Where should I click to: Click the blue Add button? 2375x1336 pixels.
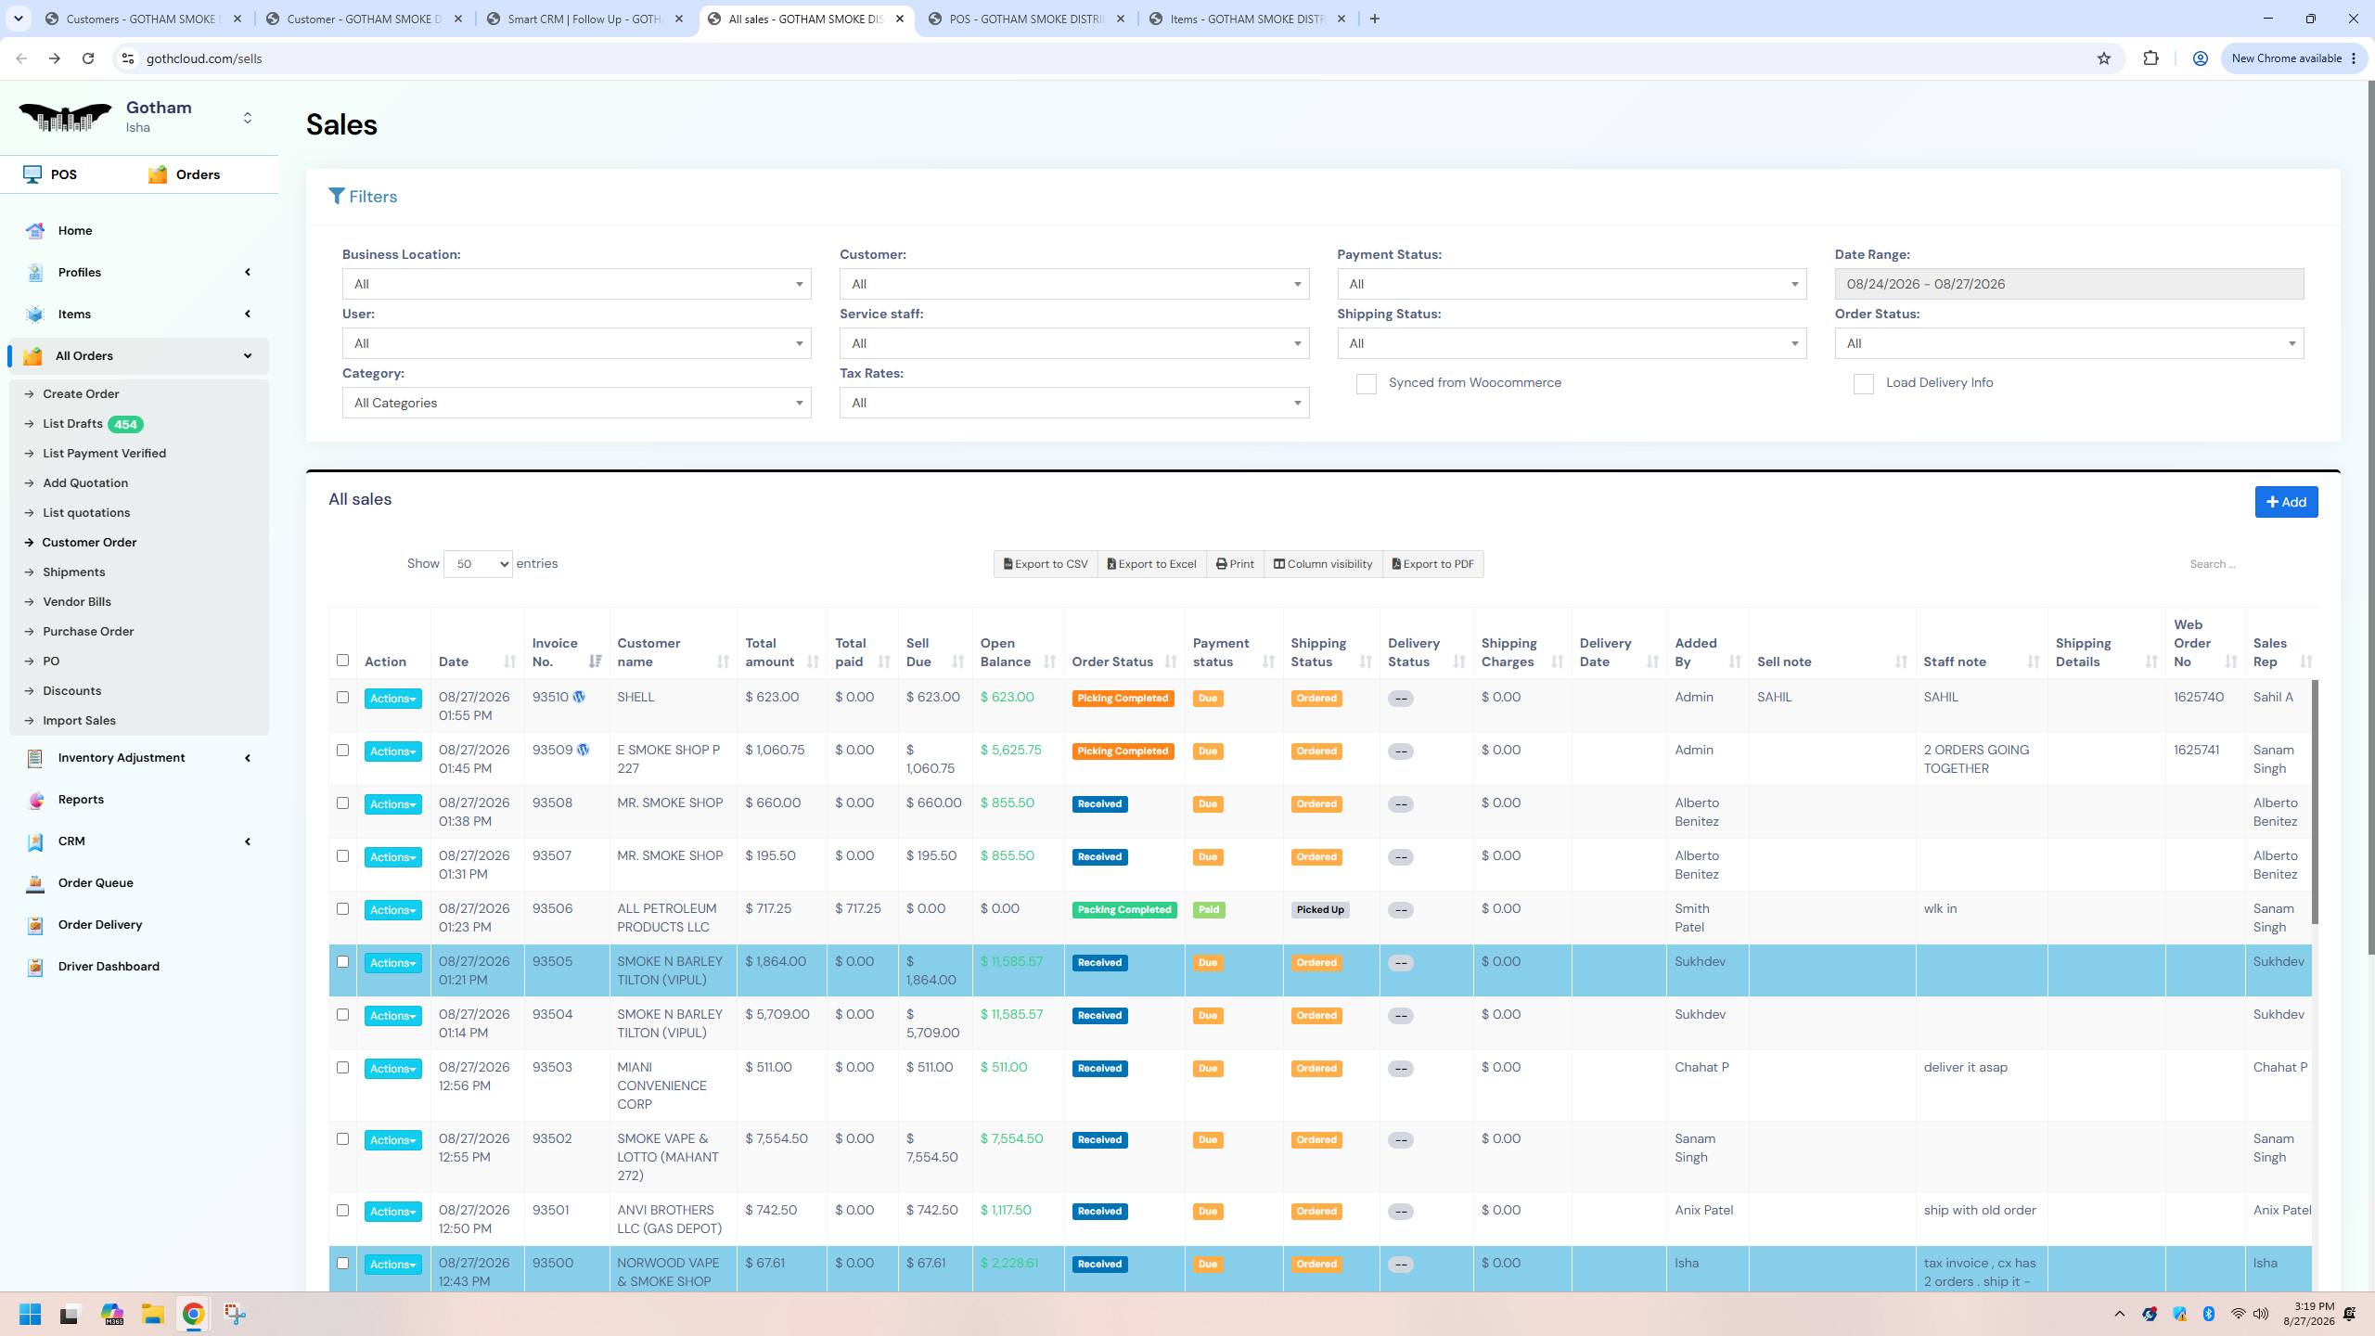(2286, 502)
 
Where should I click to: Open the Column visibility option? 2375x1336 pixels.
(1322, 564)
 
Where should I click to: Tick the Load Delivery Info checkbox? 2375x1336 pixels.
(1863, 384)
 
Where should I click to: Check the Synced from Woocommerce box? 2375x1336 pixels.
(1366, 384)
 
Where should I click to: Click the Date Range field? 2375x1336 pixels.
(2069, 284)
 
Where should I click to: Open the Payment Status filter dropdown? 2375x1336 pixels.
(1572, 284)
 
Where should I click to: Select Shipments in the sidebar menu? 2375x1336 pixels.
(74, 572)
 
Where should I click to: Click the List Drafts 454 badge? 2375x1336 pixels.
(125, 424)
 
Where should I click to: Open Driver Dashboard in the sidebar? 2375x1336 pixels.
(109, 967)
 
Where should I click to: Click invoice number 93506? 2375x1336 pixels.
(552, 909)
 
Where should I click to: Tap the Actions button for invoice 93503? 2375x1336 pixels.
(392, 1069)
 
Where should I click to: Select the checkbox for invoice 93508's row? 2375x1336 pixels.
(342, 803)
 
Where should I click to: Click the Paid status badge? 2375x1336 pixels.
(1209, 910)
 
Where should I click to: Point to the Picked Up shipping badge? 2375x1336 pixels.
(1320, 910)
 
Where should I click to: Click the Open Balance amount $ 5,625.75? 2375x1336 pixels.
(1010, 751)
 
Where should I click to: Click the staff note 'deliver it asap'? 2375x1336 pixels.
(1965, 1068)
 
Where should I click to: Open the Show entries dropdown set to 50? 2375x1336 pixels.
(478, 564)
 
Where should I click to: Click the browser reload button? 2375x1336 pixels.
(88, 58)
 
